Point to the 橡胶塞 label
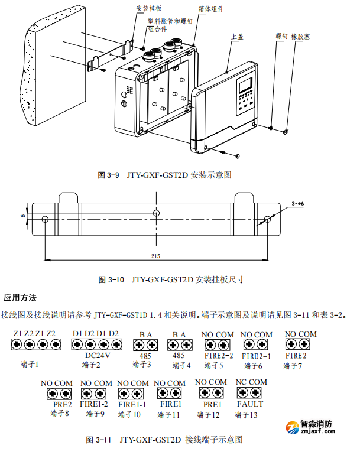(301, 36)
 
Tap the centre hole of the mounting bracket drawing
(156, 213)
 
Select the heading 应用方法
(20, 297)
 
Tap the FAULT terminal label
(250, 404)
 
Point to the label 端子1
(29, 365)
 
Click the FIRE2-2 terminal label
(219, 356)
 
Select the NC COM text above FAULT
(251, 382)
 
